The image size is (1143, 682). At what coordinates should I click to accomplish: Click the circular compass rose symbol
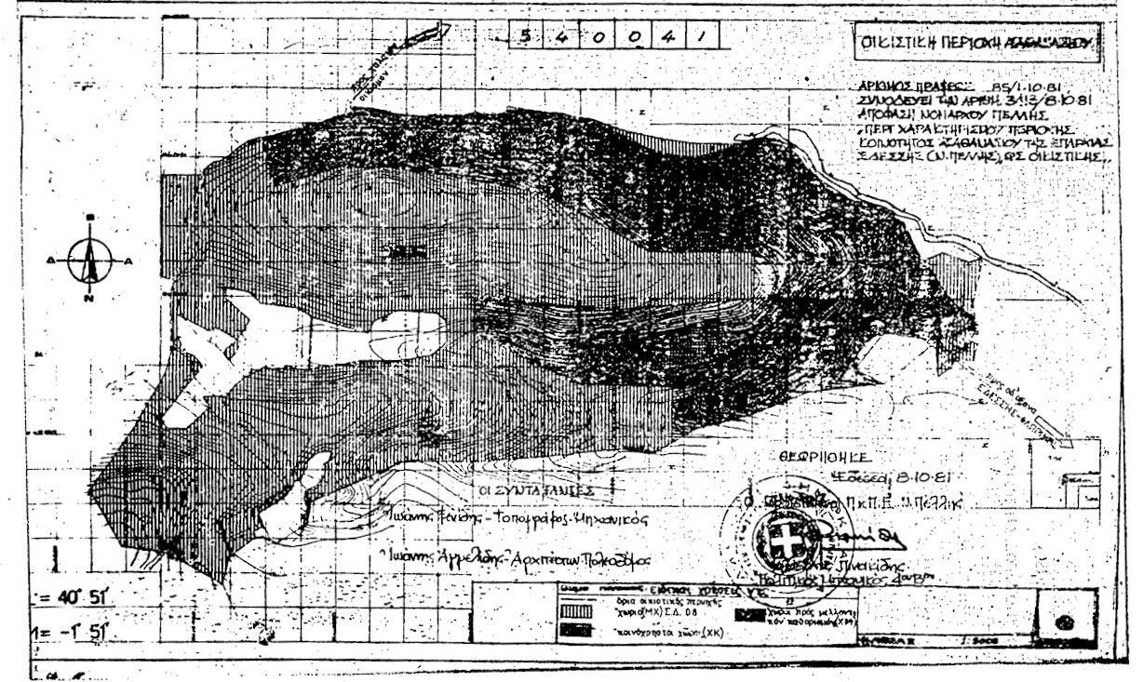pyautogui.click(x=90, y=261)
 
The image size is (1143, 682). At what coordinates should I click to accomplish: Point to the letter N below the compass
pyautogui.click(x=89, y=300)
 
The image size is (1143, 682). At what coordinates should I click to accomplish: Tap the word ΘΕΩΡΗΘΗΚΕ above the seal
pyautogui.click(x=825, y=458)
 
